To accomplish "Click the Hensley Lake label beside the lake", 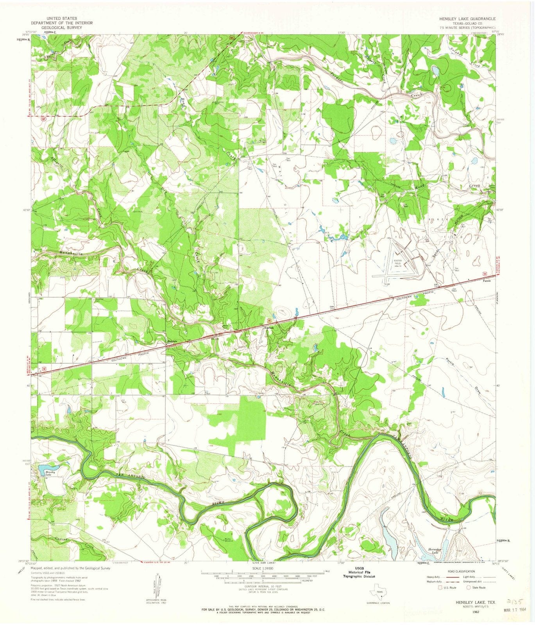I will click(x=51, y=473).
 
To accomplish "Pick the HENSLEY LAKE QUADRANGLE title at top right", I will click(x=467, y=19).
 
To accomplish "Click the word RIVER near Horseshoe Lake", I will click(x=446, y=519).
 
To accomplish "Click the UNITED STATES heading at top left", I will click(x=61, y=18).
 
